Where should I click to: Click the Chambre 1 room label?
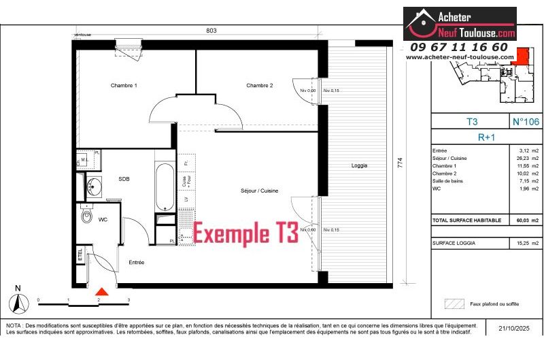[x=124, y=86]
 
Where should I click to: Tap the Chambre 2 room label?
[x=260, y=86]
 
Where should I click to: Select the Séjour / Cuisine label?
[x=259, y=191]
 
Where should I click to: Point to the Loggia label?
[x=359, y=165]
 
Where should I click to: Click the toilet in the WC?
[x=86, y=216]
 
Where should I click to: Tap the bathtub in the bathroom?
[x=165, y=186]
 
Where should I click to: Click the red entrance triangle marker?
[x=100, y=291]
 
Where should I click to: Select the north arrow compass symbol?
[x=18, y=301]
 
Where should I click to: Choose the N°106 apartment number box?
[x=524, y=122]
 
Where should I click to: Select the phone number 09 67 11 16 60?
[x=459, y=47]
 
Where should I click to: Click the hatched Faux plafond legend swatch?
[x=453, y=304]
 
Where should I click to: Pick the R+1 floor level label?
[x=471, y=135]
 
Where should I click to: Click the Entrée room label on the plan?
[x=137, y=262]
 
